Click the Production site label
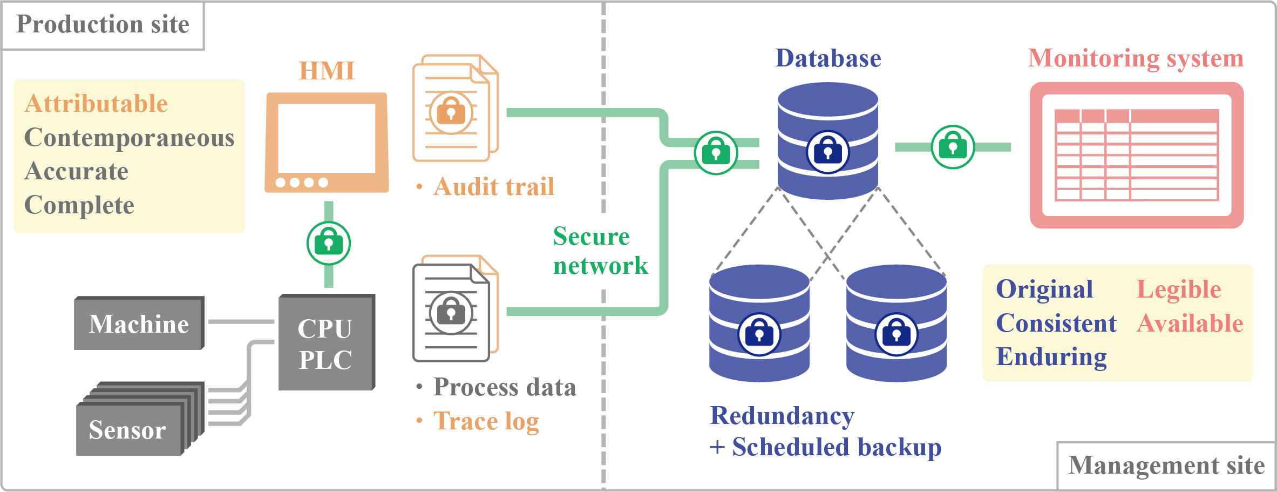click(103, 25)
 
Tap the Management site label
click(1166, 466)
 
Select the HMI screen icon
click(327, 143)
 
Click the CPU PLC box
click(326, 343)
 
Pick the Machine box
click(139, 324)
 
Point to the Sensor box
click(128, 430)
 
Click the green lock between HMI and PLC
click(328, 243)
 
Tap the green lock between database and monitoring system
click(953, 147)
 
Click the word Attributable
click(96, 104)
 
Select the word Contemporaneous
click(130, 138)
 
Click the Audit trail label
click(493, 187)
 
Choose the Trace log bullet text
click(486, 421)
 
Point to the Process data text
click(504, 387)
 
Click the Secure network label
click(599, 251)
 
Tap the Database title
click(828, 58)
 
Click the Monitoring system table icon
click(1137, 155)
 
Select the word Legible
click(1179, 289)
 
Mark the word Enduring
click(1051, 357)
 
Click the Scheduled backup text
click(836, 447)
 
